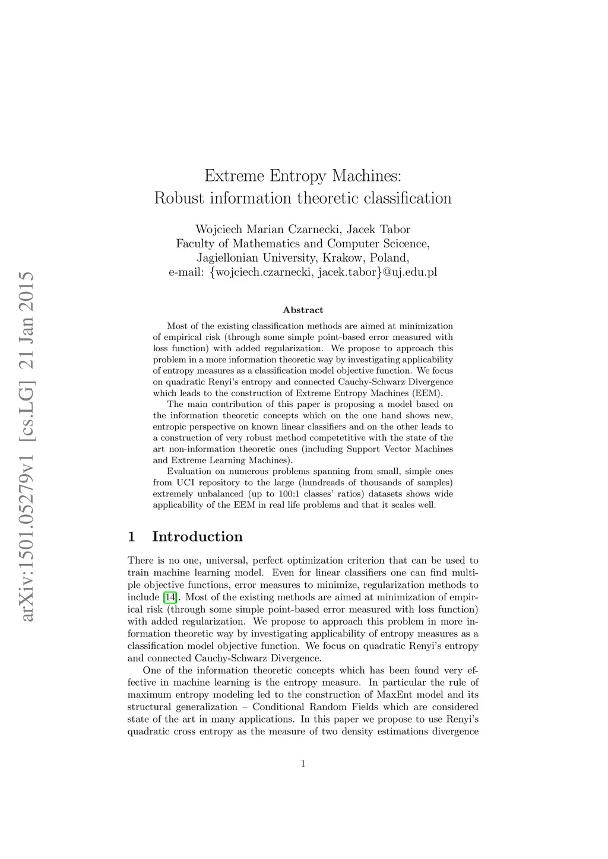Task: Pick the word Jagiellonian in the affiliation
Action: point(227,258)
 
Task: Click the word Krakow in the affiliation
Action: point(343,258)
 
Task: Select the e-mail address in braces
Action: point(324,272)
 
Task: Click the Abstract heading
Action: point(303,310)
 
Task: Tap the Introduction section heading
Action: point(197,537)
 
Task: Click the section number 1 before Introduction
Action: point(131,537)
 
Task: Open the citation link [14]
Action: point(170,597)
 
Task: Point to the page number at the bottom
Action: point(303,763)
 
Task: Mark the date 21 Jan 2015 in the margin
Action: point(27,321)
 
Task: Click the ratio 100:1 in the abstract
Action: point(289,494)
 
